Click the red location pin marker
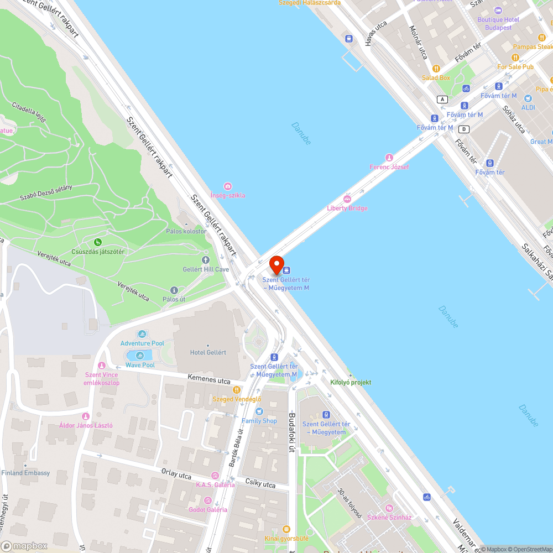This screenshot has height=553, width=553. (x=276, y=265)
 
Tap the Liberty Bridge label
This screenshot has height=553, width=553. (x=347, y=208)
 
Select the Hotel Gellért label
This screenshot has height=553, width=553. (x=208, y=352)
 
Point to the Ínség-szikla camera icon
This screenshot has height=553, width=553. (x=228, y=187)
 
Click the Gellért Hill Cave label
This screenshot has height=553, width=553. (x=206, y=269)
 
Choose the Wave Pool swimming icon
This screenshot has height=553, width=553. (x=139, y=356)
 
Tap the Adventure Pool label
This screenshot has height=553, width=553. (x=142, y=343)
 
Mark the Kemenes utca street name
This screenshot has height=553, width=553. (x=208, y=380)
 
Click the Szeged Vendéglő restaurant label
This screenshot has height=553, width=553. (x=237, y=399)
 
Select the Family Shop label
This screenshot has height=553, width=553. (x=259, y=421)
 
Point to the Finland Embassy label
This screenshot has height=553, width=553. (x=25, y=473)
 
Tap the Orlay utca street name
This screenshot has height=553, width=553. (x=176, y=475)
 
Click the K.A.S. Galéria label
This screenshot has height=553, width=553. (x=215, y=485)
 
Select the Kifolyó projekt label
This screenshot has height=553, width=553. (x=351, y=382)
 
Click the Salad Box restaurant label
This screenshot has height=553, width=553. (x=436, y=78)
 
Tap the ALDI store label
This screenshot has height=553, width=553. (x=528, y=107)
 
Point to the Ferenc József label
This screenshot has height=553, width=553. (x=389, y=167)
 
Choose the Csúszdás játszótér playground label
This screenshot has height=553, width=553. (x=98, y=252)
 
